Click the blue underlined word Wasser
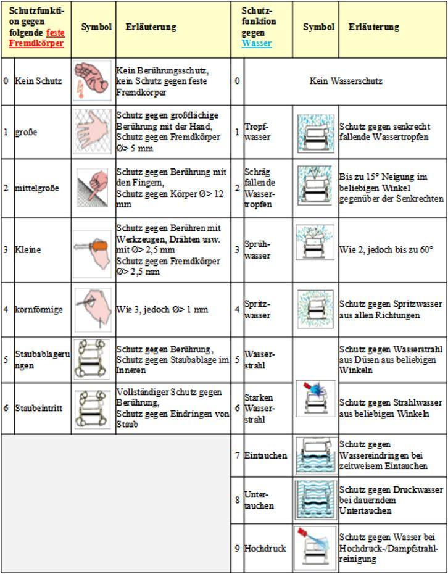coord(257,43)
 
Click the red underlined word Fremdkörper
coord(36,44)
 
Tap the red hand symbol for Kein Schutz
coord(93,80)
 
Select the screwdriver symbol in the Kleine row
coord(93,249)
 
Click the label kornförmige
coord(39,309)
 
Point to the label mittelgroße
coord(37,188)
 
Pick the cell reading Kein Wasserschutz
coord(346,81)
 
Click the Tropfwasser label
coord(257,131)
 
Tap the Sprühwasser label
coord(257,249)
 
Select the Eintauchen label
coord(265,455)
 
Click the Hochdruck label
coord(265,548)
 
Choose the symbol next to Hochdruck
coord(315,547)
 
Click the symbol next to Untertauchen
coord(315,500)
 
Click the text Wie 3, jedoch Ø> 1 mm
coord(162,309)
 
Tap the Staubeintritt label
coord(38,408)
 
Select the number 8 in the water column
coord(237,500)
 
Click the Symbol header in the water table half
coord(318,27)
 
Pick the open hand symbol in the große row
coord(93,131)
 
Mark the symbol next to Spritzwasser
coord(315,309)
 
